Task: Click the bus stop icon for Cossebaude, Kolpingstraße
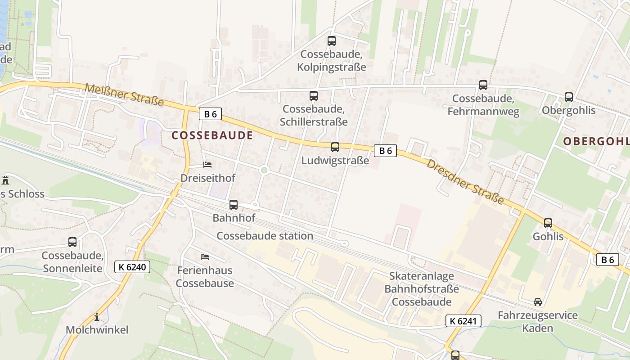click(x=332, y=41)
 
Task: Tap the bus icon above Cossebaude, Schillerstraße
click(x=314, y=96)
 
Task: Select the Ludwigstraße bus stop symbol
click(x=335, y=147)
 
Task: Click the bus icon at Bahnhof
click(x=234, y=205)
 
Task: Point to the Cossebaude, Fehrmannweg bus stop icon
click(x=483, y=85)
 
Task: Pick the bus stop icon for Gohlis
click(x=548, y=223)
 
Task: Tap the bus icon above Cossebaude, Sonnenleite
click(x=72, y=242)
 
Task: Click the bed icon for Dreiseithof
click(x=207, y=165)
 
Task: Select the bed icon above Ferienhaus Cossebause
click(x=205, y=257)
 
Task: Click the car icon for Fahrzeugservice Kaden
click(x=538, y=301)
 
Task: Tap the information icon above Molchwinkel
click(x=96, y=317)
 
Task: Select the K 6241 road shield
click(x=463, y=321)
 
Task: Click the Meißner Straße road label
click(x=124, y=95)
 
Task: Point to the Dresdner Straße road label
click(x=465, y=181)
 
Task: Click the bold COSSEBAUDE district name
click(x=212, y=135)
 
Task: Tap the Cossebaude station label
click(x=265, y=236)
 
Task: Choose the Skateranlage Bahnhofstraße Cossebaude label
click(x=422, y=289)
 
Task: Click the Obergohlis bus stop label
click(x=568, y=111)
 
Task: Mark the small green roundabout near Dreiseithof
click(x=264, y=170)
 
